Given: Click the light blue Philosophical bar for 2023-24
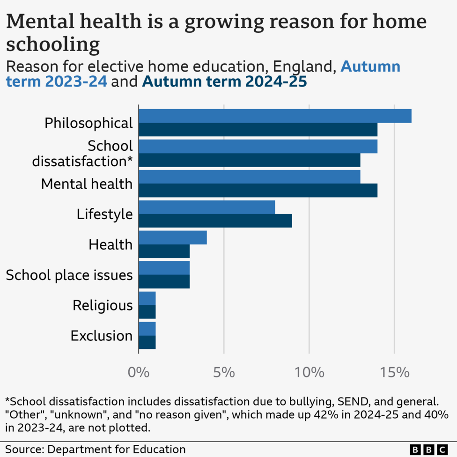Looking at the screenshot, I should [x=275, y=116].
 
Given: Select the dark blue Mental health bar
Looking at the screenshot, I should [x=258, y=191].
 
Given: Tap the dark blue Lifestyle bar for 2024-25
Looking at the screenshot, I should [x=215, y=221].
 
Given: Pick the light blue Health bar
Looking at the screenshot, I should [x=173, y=237].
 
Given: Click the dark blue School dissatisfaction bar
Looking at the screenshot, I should [x=250, y=160].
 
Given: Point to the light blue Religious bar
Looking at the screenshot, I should [x=147, y=298].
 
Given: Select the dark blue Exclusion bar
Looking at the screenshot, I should [x=147, y=342].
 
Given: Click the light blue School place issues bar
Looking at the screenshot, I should [x=164, y=268].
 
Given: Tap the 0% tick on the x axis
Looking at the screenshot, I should [x=139, y=373].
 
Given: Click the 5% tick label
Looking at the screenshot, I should [x=224, y=373].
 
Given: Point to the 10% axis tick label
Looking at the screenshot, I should [x=309, y=373].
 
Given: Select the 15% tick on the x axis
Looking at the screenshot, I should [x=394, y=373].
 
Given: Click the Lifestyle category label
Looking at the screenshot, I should [x=105, y=214].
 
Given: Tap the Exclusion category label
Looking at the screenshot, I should [x=102, y=336].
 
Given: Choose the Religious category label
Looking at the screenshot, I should [x=103, y=306].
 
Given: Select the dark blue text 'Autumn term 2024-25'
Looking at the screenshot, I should [x=224, y=82].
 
